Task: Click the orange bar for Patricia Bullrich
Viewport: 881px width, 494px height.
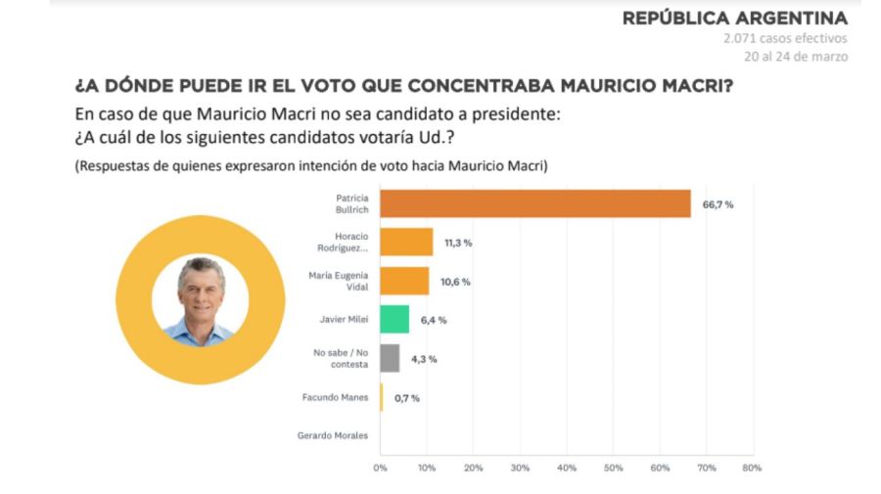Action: coord(534,203)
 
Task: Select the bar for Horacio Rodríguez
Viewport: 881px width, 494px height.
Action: coord(406,242)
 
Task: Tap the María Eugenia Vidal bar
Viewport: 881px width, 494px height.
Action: coord(404,281)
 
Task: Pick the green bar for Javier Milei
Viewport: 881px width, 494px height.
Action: coord(394,319)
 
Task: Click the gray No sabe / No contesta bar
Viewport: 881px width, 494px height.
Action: coord(390,358)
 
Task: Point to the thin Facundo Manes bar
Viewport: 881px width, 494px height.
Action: coord(382,397)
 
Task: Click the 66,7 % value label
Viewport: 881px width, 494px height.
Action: coord(718,203)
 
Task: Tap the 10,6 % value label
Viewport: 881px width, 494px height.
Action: coord(455,282)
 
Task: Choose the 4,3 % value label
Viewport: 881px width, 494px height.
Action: coord(424,359)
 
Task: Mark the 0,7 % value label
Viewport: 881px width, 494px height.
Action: coord(407,398)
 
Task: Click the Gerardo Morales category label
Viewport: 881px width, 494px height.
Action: coord(333,435)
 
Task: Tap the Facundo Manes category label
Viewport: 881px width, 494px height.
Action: coord(335,397)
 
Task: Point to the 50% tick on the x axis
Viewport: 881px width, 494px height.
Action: coord(613,468)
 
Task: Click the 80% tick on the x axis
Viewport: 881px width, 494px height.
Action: coord(752,468)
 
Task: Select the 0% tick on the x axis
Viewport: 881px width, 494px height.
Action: coord(381,468)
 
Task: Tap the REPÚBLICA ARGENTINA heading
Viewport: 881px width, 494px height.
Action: coord(734,19)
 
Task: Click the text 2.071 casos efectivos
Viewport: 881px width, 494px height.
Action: coord(785,39)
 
